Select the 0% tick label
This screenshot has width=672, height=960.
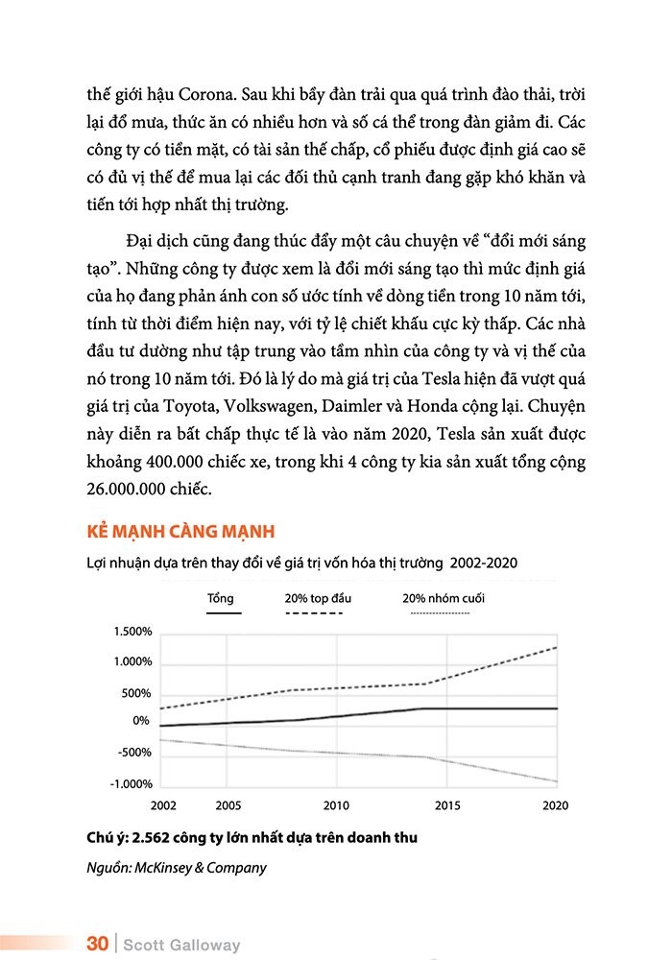click(x=141, y=720)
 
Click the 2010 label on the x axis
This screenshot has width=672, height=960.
click(x=336, y=806)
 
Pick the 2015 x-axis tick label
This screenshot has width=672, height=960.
click(x=447, y=806)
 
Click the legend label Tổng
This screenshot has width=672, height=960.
click(x=221, y=598)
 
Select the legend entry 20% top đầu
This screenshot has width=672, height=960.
click(x=318, y=598)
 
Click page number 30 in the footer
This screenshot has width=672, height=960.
click(x=97, y=944)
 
